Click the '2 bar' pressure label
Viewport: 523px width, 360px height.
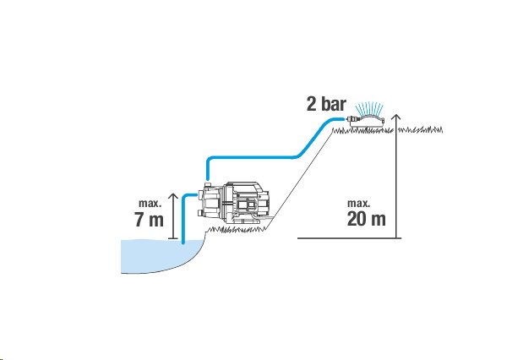326,104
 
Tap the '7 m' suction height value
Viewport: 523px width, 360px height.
150,219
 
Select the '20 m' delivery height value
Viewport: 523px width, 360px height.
366,219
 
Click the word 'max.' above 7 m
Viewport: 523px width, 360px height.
150,203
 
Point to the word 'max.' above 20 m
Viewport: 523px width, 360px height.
358,203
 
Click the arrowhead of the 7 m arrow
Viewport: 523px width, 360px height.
172,196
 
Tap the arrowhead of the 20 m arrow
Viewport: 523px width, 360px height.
396,117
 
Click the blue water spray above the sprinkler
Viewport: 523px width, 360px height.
369,108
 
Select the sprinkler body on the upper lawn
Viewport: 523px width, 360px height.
368,121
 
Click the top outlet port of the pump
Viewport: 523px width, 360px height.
208,184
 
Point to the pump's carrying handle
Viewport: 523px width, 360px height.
244,186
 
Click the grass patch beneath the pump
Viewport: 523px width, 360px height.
237,230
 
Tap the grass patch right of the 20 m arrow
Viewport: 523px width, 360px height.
421,130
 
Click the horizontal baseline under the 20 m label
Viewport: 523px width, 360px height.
349,238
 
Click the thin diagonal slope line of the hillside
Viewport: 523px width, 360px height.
300,179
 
